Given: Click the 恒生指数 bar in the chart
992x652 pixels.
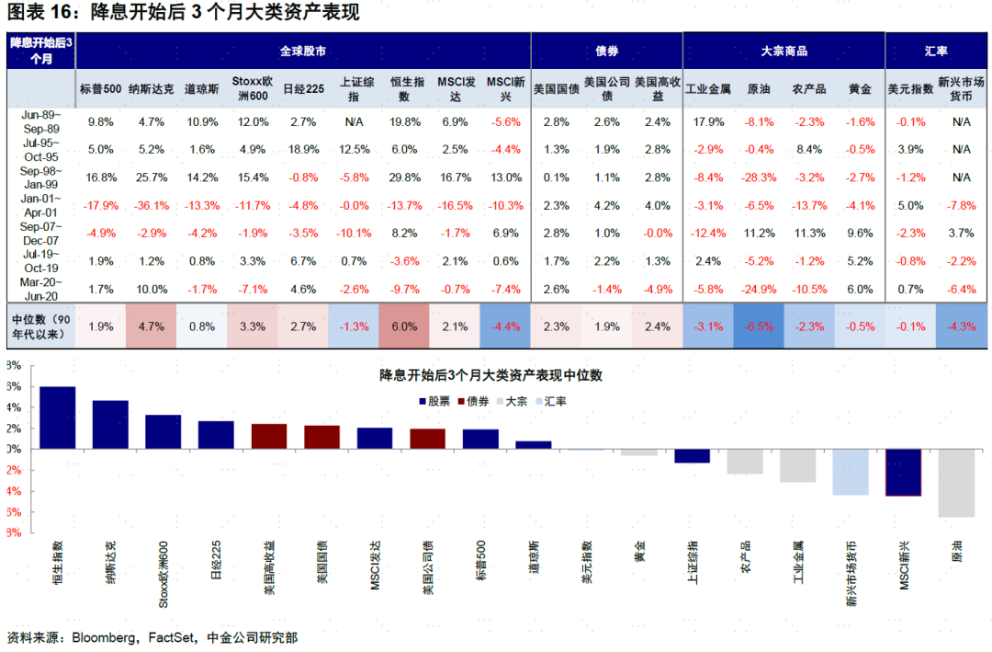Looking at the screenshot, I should [x=57, y=418].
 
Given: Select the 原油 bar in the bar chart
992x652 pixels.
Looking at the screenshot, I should [x=955, y=483].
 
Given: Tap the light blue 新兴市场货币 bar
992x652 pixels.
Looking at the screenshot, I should [x=850, y=472].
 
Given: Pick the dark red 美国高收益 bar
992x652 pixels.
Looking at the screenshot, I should [x=268, y=436].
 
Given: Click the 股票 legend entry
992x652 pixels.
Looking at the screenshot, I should [x=436, y=401].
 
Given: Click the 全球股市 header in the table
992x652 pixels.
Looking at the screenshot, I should [x=303, y=51].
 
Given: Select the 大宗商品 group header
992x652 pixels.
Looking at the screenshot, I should [x=783, y=51].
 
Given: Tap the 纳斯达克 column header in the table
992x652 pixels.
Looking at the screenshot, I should [x=148, y=89].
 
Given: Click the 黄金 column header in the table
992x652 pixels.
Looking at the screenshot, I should [x=861, y=89].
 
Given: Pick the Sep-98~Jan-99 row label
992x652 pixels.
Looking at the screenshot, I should [x=40, y=177].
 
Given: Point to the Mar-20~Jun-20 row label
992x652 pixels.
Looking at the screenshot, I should [x=40, y=289].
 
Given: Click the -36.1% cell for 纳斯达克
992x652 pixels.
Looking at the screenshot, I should [x=148, y=205].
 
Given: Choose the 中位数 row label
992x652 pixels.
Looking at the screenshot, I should [x=40, y=326].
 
